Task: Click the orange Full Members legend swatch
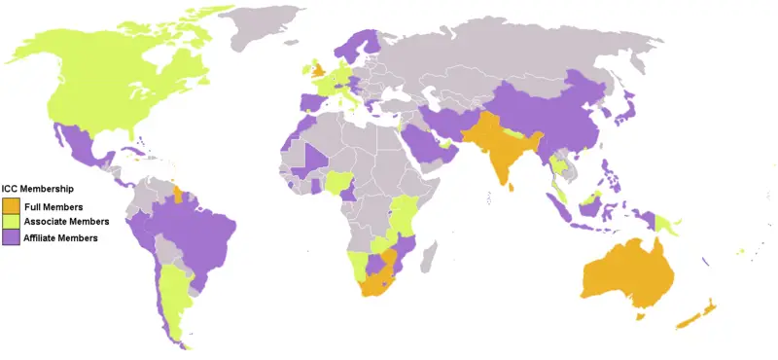11,207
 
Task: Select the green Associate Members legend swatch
11,222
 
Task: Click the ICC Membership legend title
38,188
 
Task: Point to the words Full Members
53,207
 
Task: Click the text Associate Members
65,222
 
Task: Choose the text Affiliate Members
61,237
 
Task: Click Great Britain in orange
319,72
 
